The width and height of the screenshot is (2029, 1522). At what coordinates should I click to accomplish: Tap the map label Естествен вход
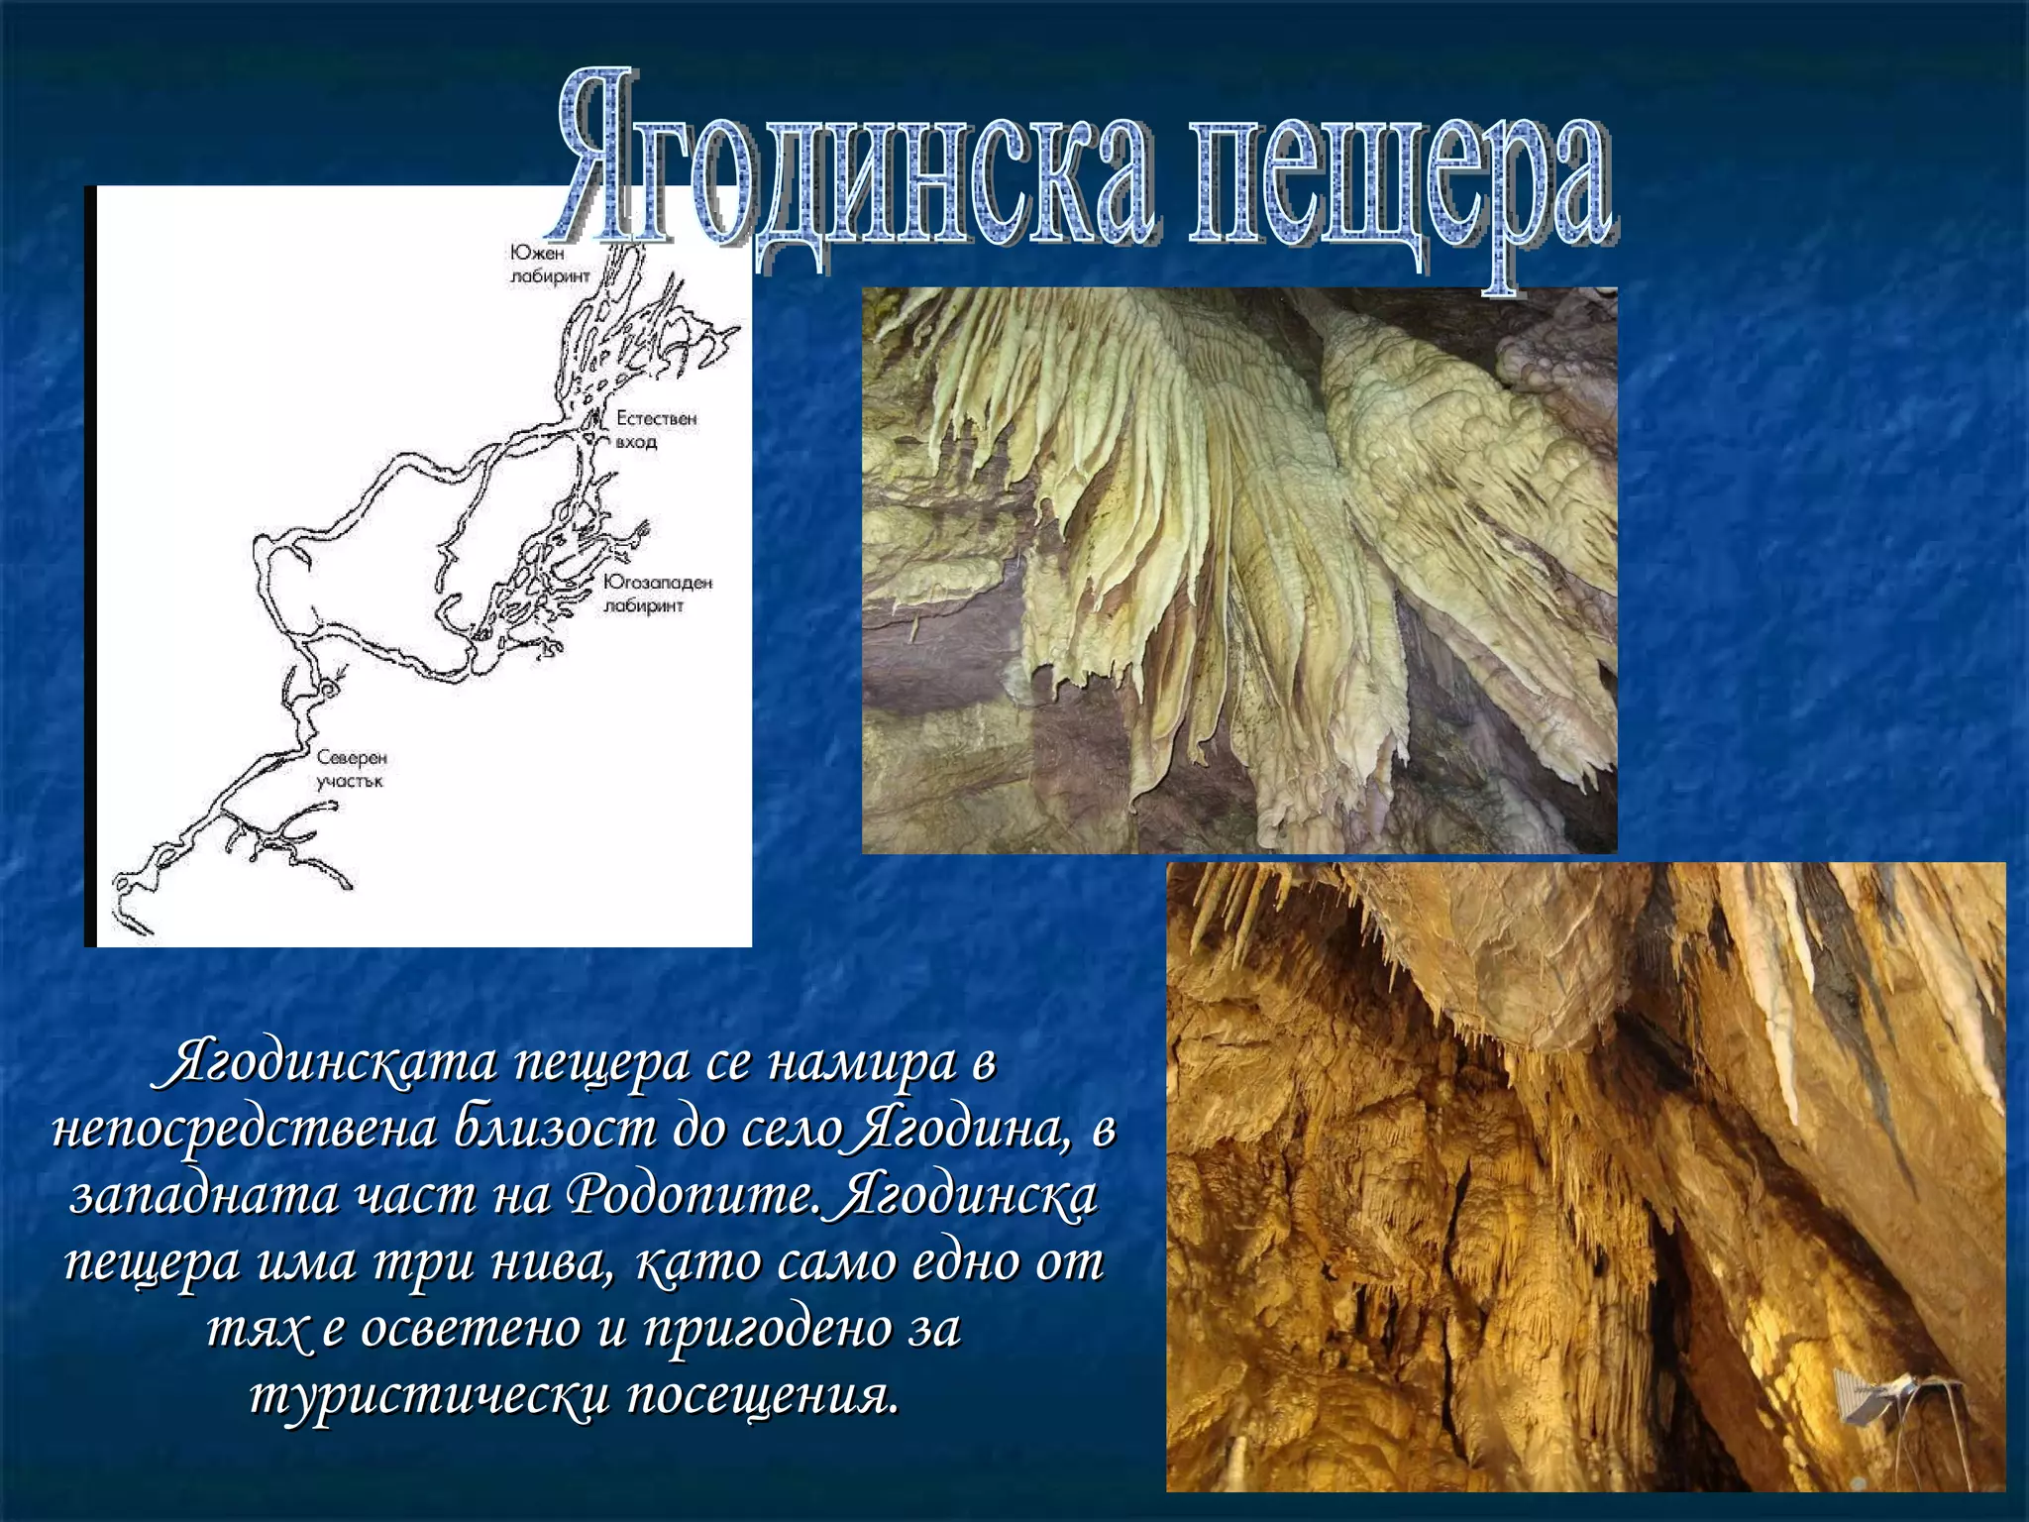(656, 430)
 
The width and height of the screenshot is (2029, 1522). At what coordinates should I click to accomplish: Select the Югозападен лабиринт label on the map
(657, 594)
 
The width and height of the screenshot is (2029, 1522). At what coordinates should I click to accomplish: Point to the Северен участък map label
(352, 769)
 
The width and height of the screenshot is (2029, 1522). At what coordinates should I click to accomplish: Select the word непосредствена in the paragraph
(244, 1133)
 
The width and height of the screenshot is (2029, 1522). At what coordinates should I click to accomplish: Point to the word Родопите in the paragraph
(693, 1198)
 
